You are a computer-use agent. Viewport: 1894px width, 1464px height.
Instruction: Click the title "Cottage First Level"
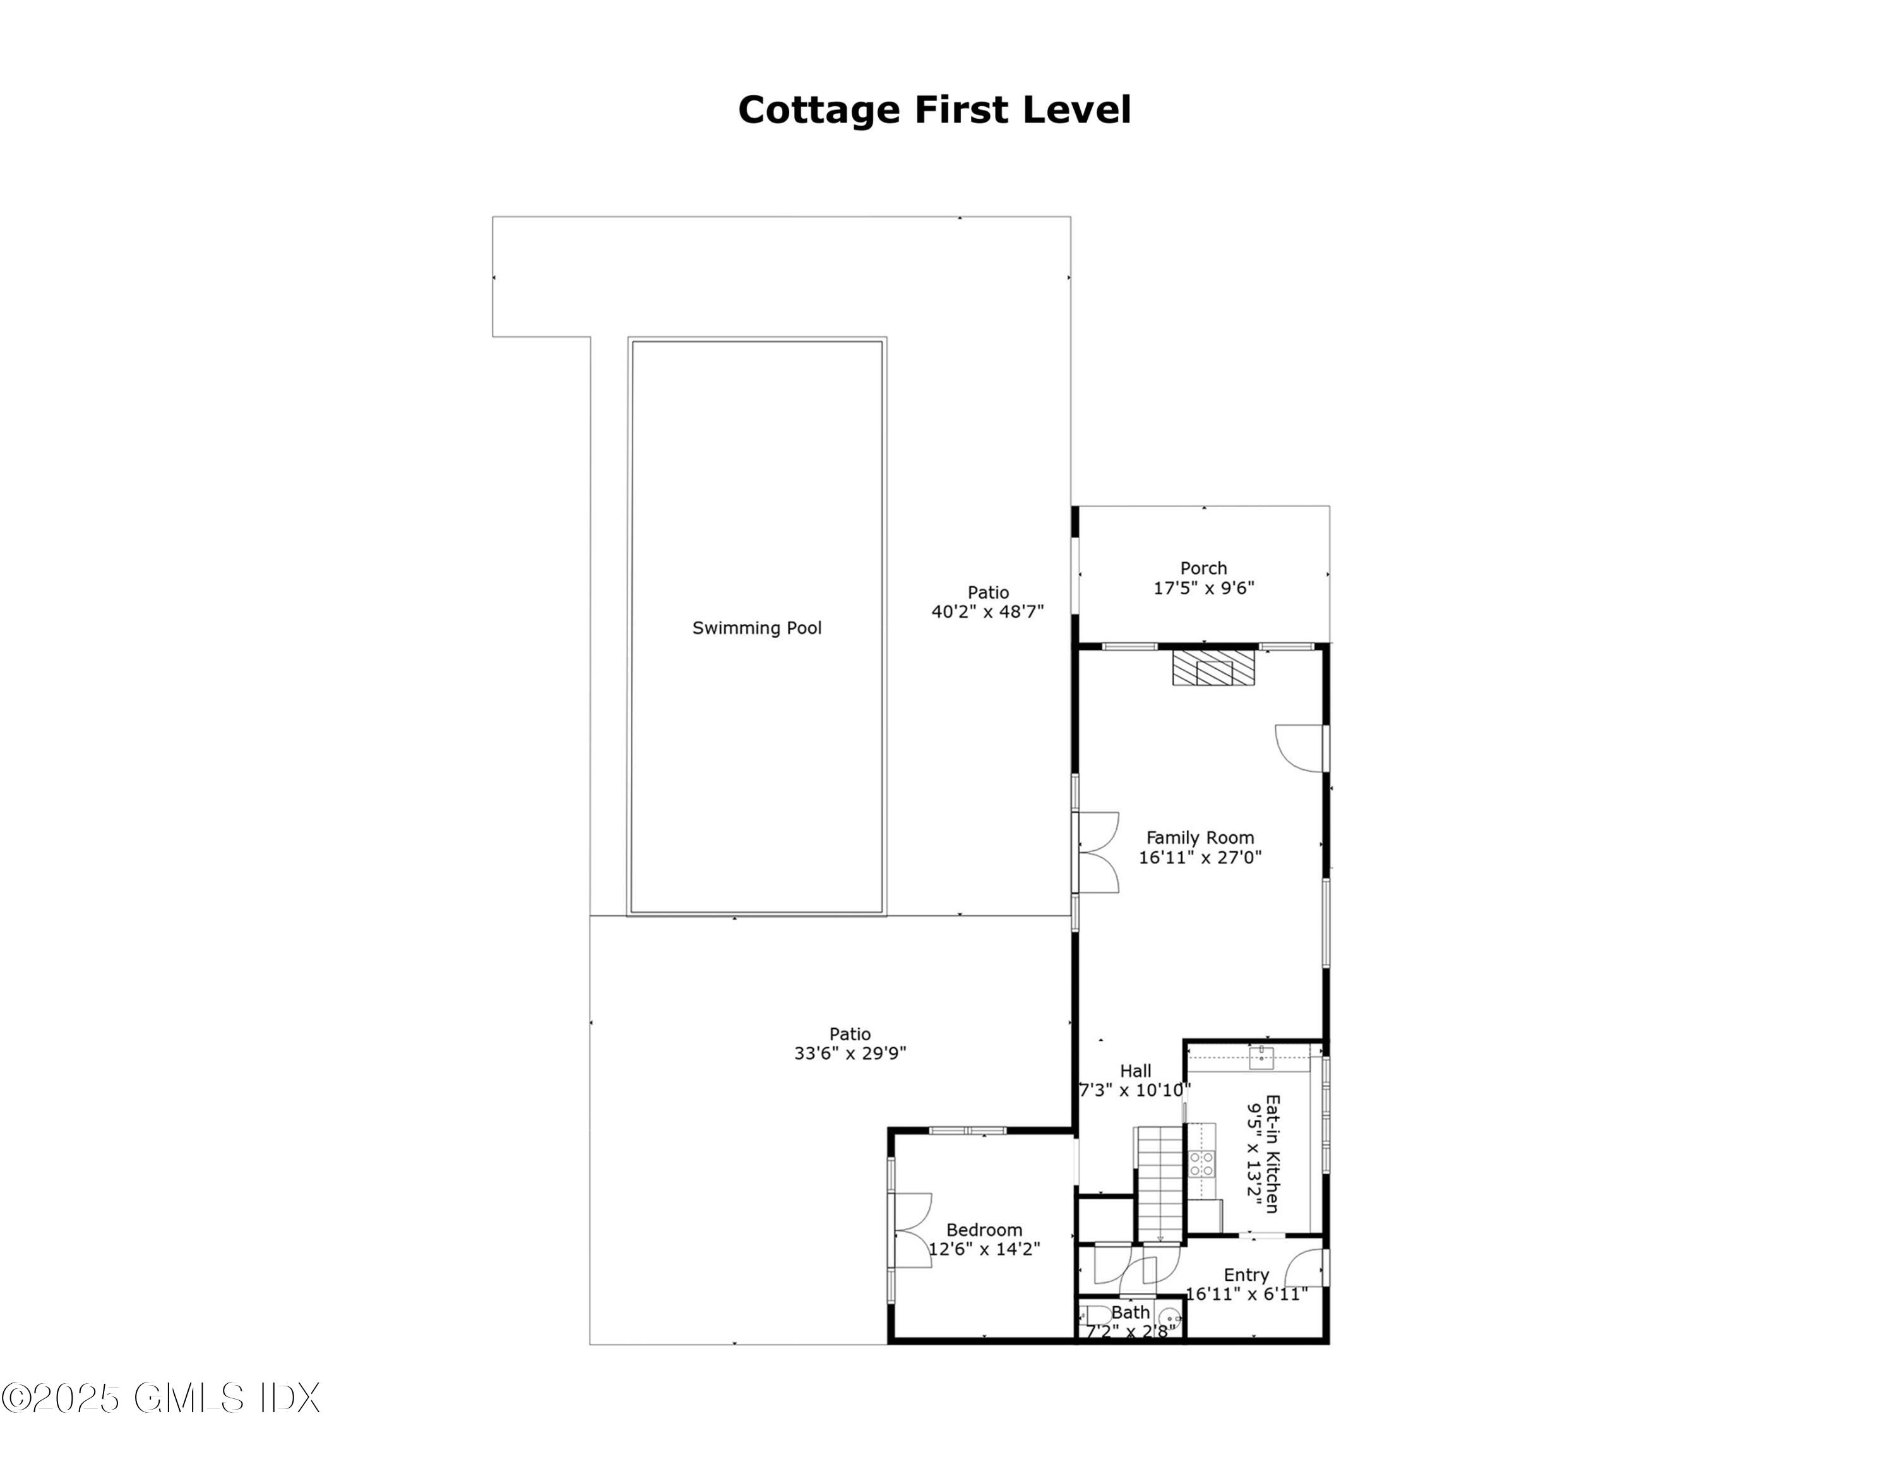click(x=934, y=110)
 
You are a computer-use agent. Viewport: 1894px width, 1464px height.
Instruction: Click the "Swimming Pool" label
click(x=756, y=628)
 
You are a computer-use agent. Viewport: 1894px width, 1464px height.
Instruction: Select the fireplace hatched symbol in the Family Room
click(x=1213, y=669)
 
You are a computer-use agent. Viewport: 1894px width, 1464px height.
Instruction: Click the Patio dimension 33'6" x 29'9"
click(x=850, y=1053)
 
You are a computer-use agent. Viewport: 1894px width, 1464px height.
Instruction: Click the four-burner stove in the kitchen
click(x=1201, y=1163)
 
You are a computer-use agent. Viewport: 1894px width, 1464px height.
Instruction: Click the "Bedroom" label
click(x=984, y=1229)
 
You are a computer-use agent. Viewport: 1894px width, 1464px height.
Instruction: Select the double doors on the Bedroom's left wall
click(x=909, y=1231)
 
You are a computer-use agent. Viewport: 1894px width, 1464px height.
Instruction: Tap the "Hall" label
click(x=1135, y=1071)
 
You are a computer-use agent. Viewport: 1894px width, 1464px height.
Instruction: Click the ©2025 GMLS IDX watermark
click(x=161, y=1397)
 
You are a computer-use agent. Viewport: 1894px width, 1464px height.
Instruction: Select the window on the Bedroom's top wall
click(x=968, y=1130)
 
